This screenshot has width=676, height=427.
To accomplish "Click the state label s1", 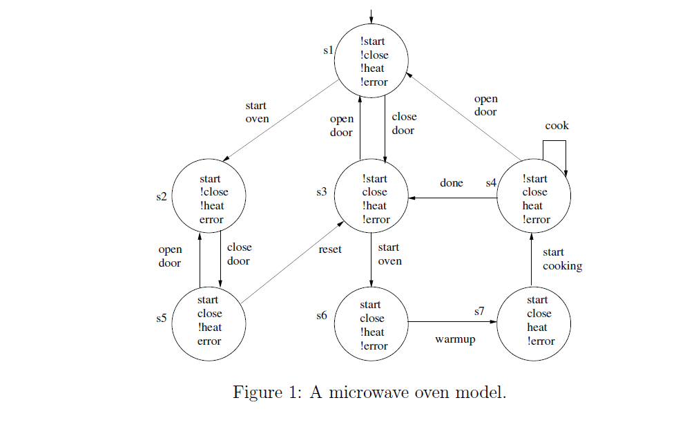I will pos(329,50).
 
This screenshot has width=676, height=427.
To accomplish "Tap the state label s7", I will pos(480,312).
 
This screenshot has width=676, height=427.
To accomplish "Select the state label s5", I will pos(162,319).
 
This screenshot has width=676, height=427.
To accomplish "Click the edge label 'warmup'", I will pos(455,339).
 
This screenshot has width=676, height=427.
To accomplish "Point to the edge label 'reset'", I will pos(330,249).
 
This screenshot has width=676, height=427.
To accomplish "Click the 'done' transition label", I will pos(452,183).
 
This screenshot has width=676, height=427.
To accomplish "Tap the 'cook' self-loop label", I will pos(557,126).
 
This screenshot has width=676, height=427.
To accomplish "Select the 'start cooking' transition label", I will pos(562,259).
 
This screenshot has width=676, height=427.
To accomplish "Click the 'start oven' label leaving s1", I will pos(257,112).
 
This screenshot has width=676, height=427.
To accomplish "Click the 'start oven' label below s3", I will pos(389,254).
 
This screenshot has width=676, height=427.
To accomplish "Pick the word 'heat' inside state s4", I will pos(533,206).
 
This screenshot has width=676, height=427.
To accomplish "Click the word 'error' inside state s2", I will pos(211,220).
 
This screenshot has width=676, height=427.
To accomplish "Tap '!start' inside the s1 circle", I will pos(373,41).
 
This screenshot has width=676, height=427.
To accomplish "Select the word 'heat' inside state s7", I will pos(537,327).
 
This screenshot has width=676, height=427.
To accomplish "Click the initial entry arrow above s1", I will pos(371,15).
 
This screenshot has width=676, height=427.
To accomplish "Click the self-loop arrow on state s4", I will pos(555,142).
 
